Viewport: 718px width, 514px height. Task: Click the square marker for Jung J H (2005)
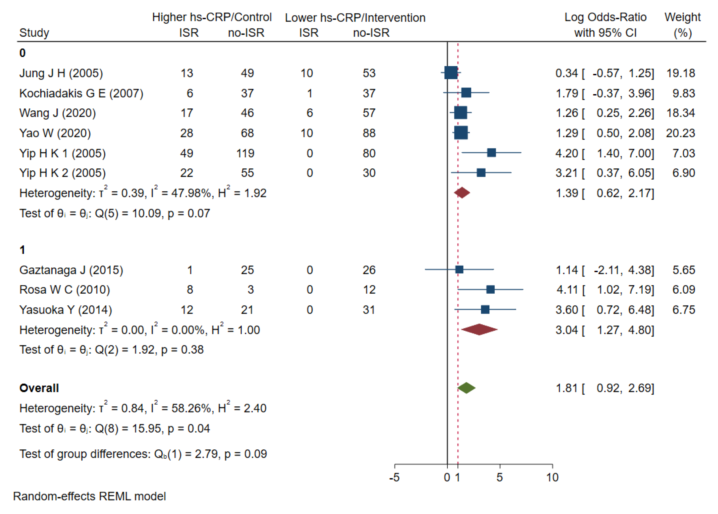[x=451, y=73]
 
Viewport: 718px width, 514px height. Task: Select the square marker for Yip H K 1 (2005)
[x=491, y=153]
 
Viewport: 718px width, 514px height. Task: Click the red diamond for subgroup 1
[x=479, y=330]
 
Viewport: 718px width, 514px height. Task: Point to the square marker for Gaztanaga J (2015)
[x=459, y=270]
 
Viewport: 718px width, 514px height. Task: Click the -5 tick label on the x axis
[x=394, y=477]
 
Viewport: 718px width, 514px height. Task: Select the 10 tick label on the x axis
[x=552, y=477]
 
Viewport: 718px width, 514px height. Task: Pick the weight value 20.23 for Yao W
[x=680, y=133]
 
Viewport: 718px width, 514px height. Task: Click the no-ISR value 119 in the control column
[x=245, y=153]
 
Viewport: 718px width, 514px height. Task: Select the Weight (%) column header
[x=683, y=25]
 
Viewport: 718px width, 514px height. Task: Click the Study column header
[x=34, y=33]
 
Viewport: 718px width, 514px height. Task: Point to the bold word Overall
[x=39, y=388]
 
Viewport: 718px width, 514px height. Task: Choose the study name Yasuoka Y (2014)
[x=66, y=310]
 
